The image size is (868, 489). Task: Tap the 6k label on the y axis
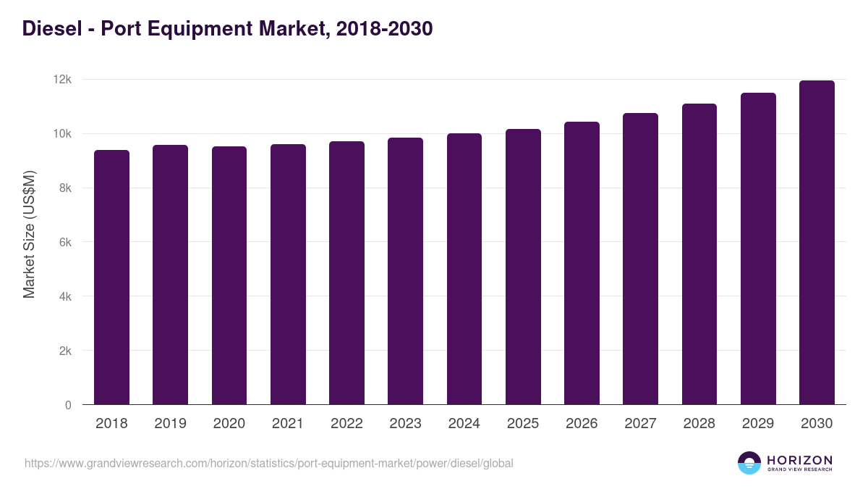pos(65,243)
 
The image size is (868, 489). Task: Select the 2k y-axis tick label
pos(65,351)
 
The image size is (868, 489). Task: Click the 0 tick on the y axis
pos(68,405)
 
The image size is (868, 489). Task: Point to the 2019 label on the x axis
pos(170,424)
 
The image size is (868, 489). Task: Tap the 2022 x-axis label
pos(346,424)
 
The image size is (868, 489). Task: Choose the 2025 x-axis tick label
pos(523,424)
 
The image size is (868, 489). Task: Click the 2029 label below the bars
pos(758,424)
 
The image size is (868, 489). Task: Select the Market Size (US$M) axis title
pos(29,234)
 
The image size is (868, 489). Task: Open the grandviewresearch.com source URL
pos(269,463)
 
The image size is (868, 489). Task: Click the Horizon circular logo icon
pos(749,463)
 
